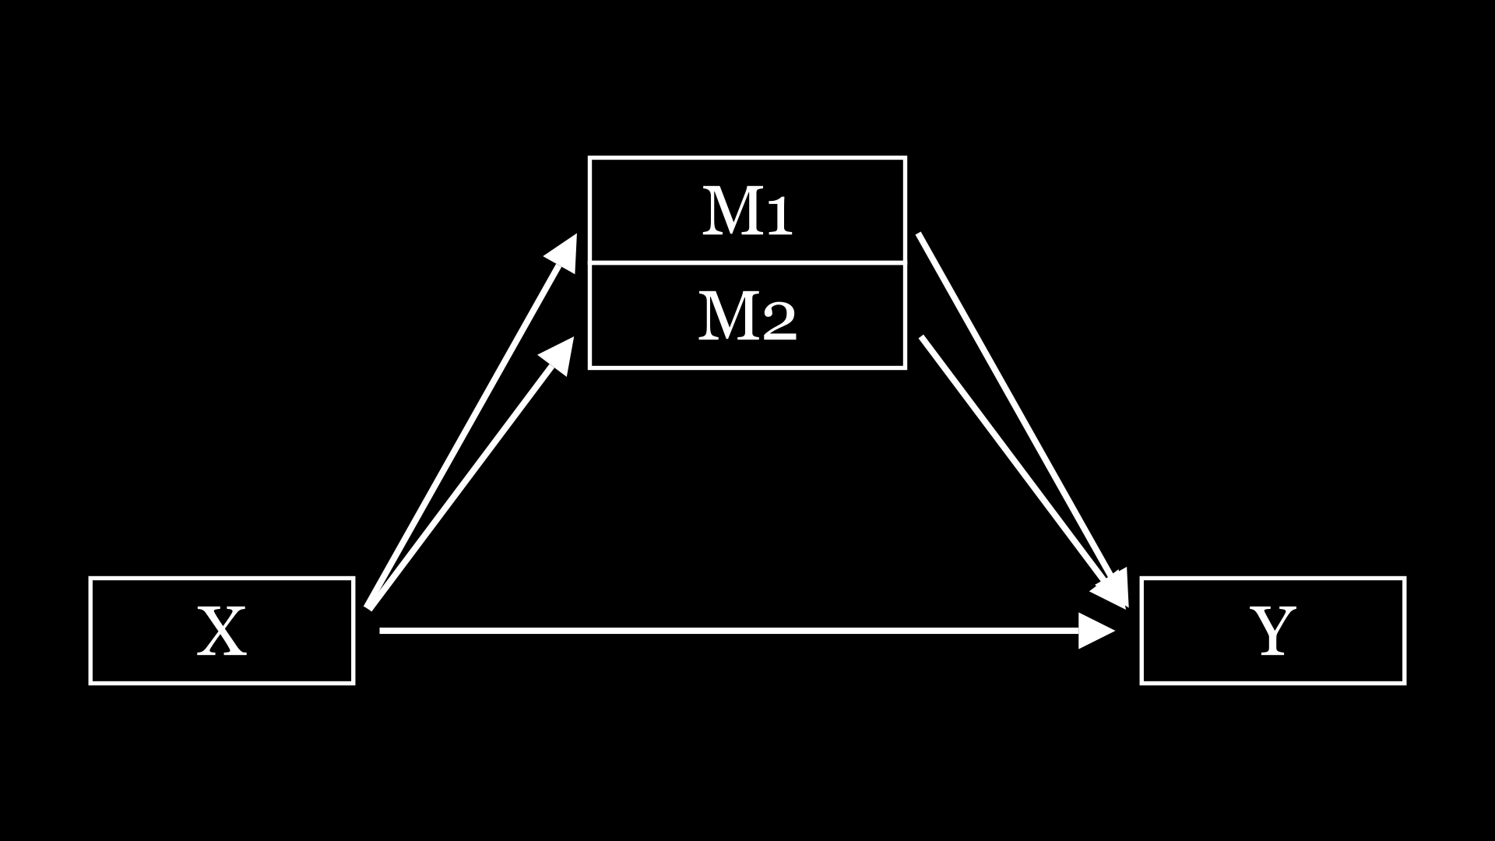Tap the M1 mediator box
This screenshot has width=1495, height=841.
coord(638,210)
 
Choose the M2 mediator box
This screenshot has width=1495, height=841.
coord(638,315)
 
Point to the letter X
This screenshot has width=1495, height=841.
coord(222,632)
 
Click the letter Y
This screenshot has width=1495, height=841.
coord(1273,632)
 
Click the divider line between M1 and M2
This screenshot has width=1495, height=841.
coord(747,262)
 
